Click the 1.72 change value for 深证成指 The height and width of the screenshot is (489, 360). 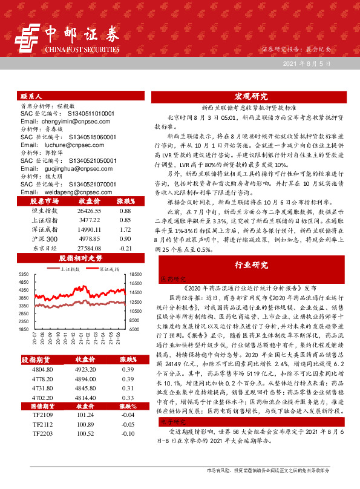click(x=126, y=230)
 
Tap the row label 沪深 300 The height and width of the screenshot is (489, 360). click(x=44, y=240)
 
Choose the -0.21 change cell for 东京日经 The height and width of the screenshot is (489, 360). click(x=126, y=249)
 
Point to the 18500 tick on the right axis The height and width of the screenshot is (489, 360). click(x=136, y=274)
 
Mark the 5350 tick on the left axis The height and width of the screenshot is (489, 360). click(x=25, y=274)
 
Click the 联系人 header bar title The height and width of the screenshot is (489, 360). click(x=31, y=96)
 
